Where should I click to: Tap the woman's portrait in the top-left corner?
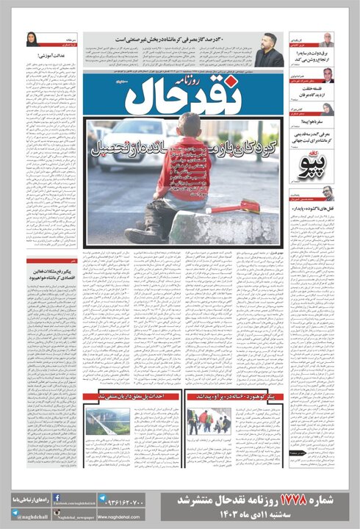coord(33,40)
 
